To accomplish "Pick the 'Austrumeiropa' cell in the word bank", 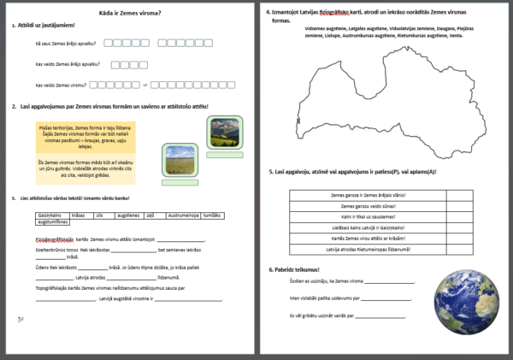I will (x=183, y=214).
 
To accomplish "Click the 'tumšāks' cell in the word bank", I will (x=215, y=214).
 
